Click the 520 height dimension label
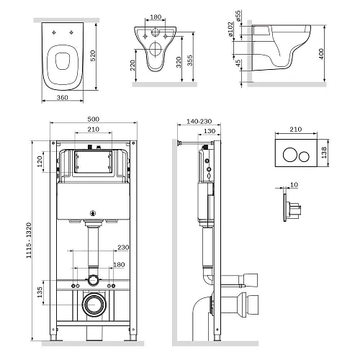pos(93,55)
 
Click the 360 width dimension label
pos(63,97)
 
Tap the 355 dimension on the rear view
pos(190,60)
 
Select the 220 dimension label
pos(132,66)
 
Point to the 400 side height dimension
pos(321,54)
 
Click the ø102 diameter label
pos(230,30)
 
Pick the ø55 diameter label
pos(238,16)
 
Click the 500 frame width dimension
pos(93,119)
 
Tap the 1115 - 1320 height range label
pos(29,240)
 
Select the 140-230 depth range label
pos(199,122)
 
